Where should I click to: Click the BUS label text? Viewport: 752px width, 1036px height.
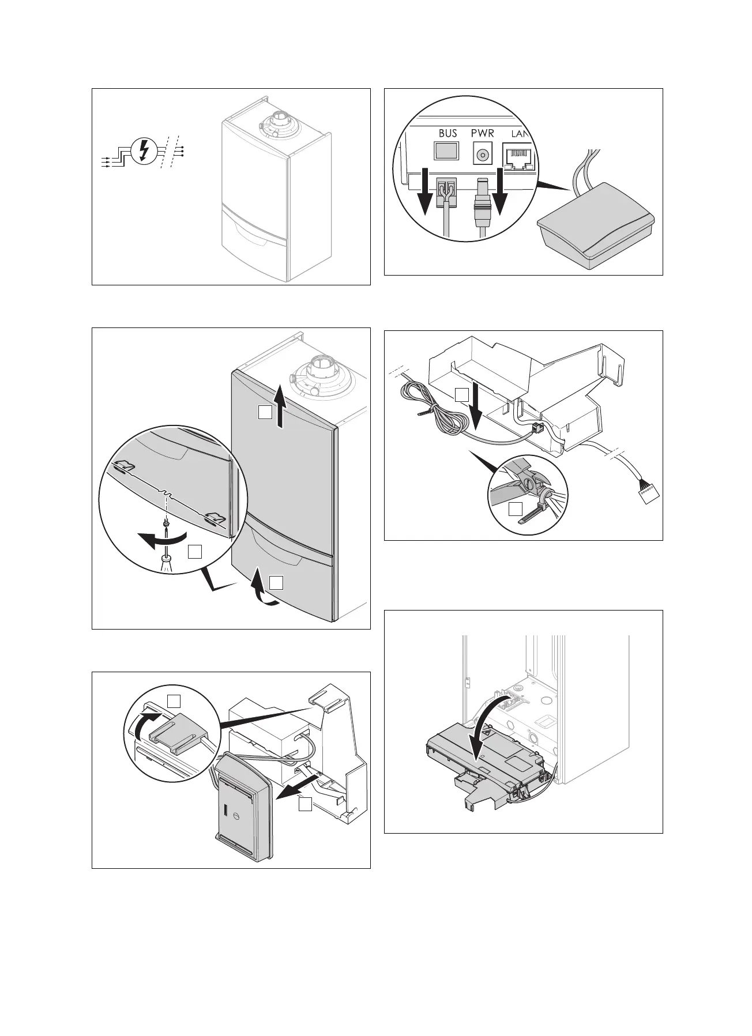[x=448, y=133]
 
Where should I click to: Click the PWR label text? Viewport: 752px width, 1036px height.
[x=483, y=133]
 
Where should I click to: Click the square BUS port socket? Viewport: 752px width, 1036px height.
[x=446, y=151]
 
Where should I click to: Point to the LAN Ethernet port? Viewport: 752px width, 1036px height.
[x=518, y=157]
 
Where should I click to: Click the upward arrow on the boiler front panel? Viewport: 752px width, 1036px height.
[x=280, y=407]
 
